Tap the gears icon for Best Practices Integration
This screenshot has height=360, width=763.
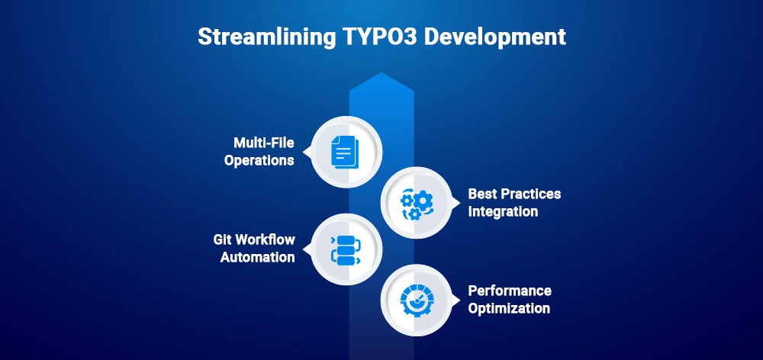click(418, 202)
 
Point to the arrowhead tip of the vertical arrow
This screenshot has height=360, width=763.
click(381, 74)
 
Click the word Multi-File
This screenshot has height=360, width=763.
click(264, 143)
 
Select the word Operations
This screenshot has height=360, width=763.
click(259, 161)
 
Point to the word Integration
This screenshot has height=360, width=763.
click(503, 211)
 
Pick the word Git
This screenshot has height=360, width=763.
click(224, 239)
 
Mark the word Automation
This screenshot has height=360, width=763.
click(258, 257)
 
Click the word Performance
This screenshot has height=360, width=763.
click(510, 291)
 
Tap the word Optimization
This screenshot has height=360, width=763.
click(509, 308)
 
